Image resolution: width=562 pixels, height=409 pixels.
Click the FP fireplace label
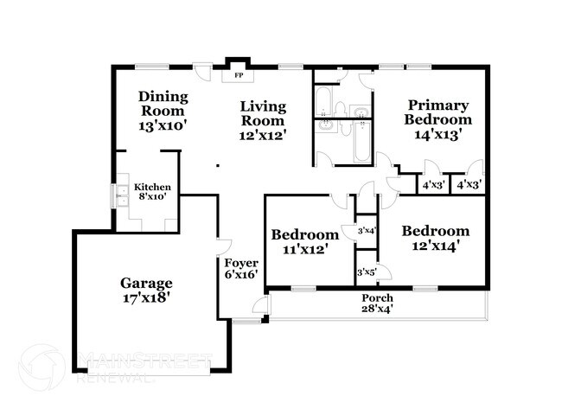[238, 76]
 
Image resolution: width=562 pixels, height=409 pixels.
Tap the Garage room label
[146, 283]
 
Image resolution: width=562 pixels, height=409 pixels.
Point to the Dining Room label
[163, 104]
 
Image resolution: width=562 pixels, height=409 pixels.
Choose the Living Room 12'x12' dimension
[263, 134]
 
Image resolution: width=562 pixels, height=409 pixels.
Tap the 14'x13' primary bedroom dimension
[438, 134]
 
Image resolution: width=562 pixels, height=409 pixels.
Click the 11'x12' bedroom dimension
[304, 250]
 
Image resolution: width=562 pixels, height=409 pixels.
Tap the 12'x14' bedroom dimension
[435, 246]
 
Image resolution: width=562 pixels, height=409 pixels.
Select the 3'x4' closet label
[367, 230]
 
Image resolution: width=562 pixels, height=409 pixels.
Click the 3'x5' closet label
[367, 273]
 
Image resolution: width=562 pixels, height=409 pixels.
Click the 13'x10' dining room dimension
[163, 125]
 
